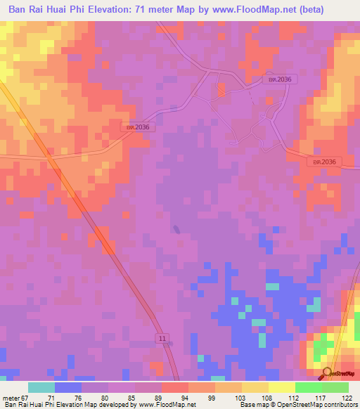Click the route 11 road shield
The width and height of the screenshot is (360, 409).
point(162,339)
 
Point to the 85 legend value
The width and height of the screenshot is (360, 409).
point(131,397)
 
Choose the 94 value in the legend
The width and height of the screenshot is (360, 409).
point(184,397)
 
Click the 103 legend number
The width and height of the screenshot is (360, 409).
point(238,397)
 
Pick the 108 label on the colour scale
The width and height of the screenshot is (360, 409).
point(265,397)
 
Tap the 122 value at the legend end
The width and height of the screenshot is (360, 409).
point(345,397)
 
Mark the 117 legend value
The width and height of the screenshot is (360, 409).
point(319,397)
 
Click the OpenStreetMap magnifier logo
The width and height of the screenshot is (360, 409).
point(327,373)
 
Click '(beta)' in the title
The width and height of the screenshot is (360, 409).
point(337,9)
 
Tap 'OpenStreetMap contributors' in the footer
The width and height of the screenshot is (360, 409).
point(319,405)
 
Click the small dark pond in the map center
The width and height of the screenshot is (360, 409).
point(176,228)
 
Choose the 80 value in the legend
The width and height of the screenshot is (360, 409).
point(104,397)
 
